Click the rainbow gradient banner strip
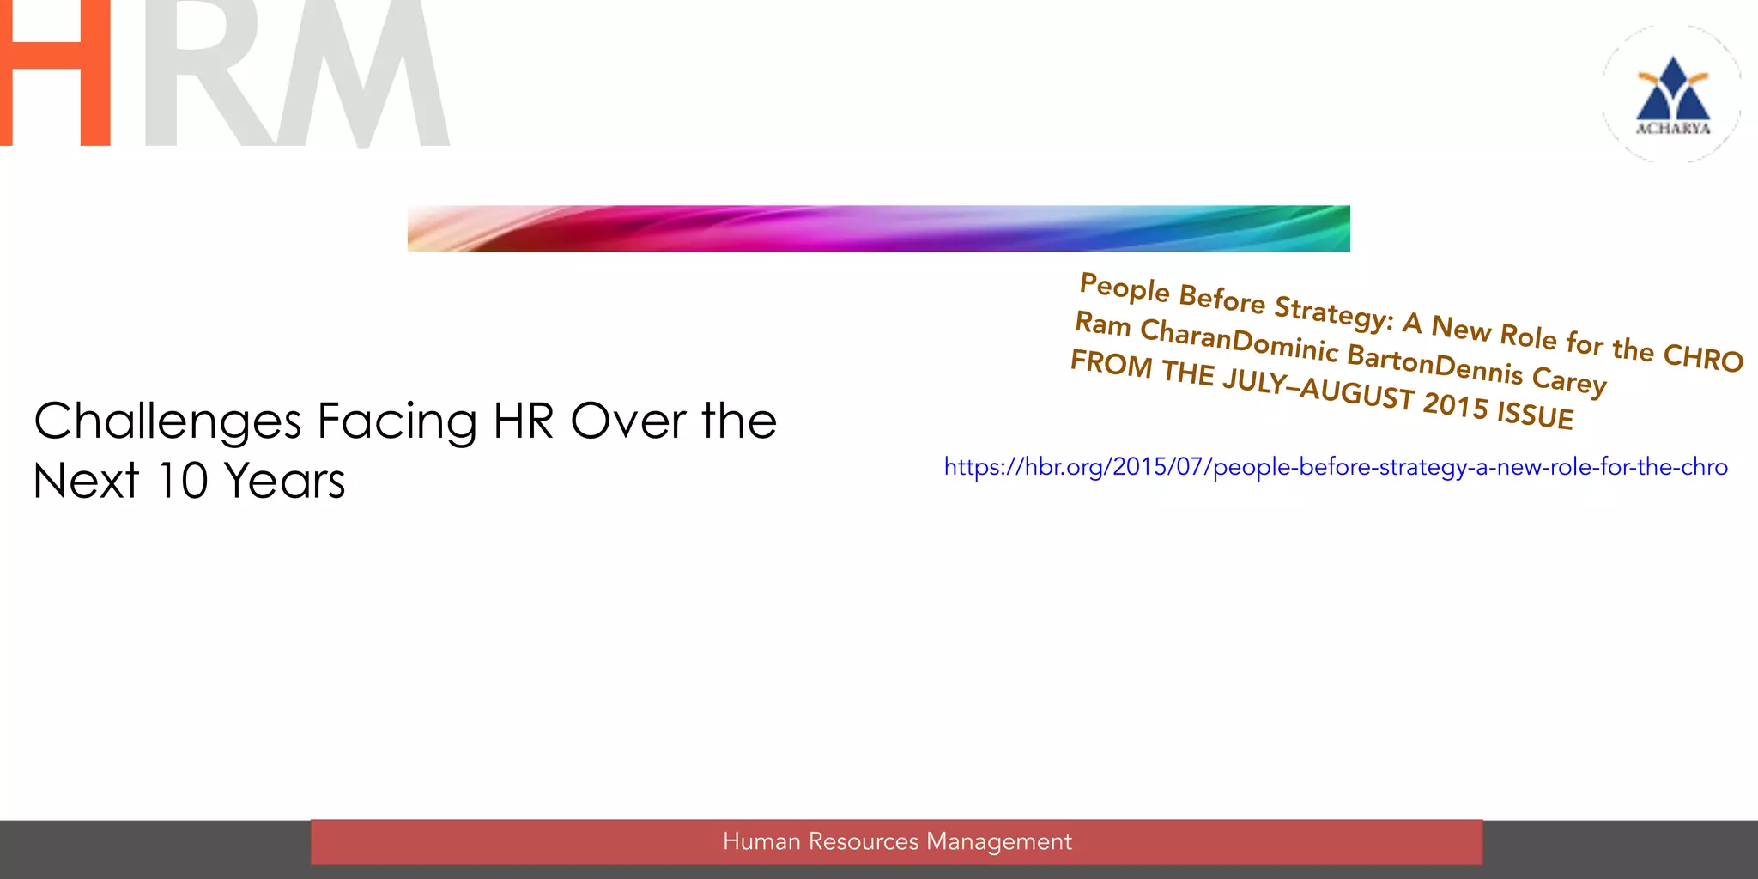(x=878, y=228)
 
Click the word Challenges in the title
(x=168, y=422)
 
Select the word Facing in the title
(x=397, y=422)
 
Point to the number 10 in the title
(x=182, y=481)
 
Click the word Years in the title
(x=285, y=481)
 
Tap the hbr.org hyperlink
(x=1336, y=467)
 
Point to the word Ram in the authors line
(x=1103, y=324)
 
